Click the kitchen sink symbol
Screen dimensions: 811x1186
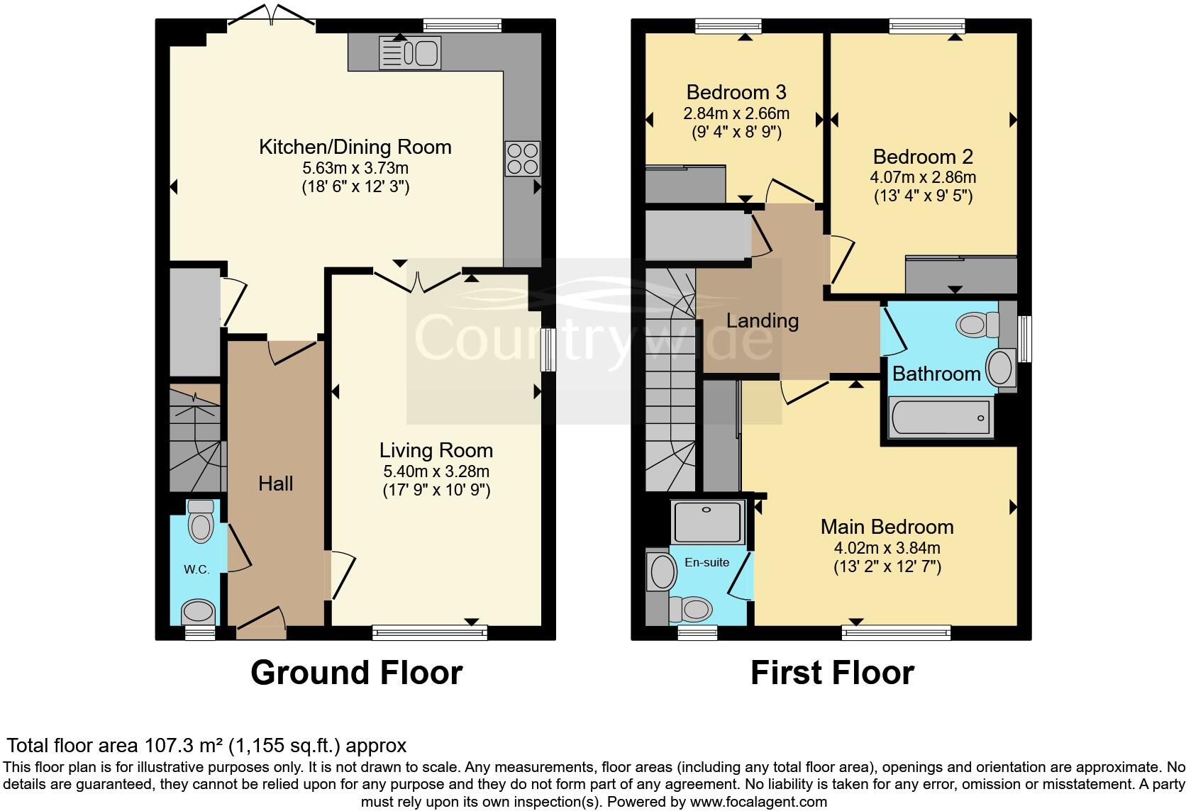(411, 52)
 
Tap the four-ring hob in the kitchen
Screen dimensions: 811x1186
(522, 159)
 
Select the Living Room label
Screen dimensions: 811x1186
(436, 450)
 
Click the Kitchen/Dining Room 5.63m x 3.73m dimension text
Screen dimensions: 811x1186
(355, 169)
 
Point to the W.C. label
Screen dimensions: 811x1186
(196, 569)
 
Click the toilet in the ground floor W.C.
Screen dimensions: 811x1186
(201, 522)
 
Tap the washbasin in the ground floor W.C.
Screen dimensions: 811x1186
(199, 611)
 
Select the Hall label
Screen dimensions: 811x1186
(275, 483)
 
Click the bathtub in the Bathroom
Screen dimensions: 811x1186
(940, 416)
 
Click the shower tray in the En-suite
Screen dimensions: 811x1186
(707, 522)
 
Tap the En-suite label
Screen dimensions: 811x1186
(706, 562)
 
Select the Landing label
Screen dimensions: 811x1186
(762, 320)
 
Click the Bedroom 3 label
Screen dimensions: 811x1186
(736, 92)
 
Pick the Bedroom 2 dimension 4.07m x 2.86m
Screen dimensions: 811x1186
(922, 177)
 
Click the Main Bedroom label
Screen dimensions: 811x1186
(887, 527)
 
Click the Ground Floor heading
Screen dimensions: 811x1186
(356, 672)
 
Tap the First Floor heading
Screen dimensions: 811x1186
(831, 672)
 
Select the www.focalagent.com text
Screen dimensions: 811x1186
(758, 802)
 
